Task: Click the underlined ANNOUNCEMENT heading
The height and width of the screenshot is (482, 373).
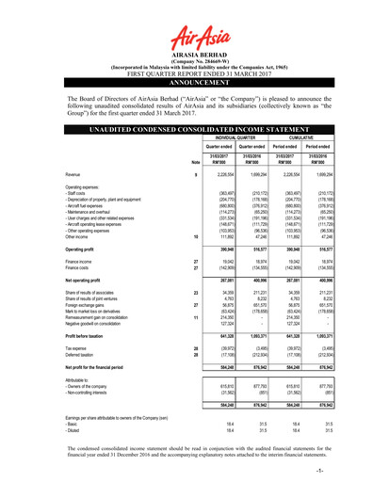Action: point(186,68)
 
